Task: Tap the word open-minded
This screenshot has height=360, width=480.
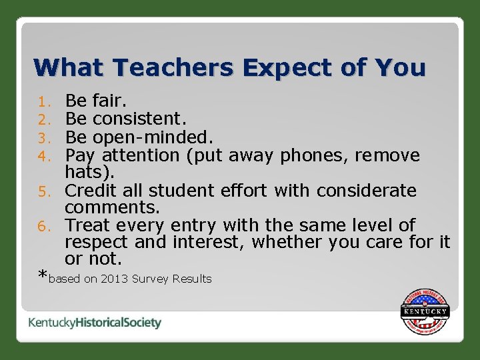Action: [x=153, y=137]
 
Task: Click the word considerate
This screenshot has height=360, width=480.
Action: [x=366, y=191]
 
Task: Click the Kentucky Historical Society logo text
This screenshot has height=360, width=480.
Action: [x=95, y=323]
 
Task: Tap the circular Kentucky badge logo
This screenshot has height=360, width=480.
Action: [x=425, y=312]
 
